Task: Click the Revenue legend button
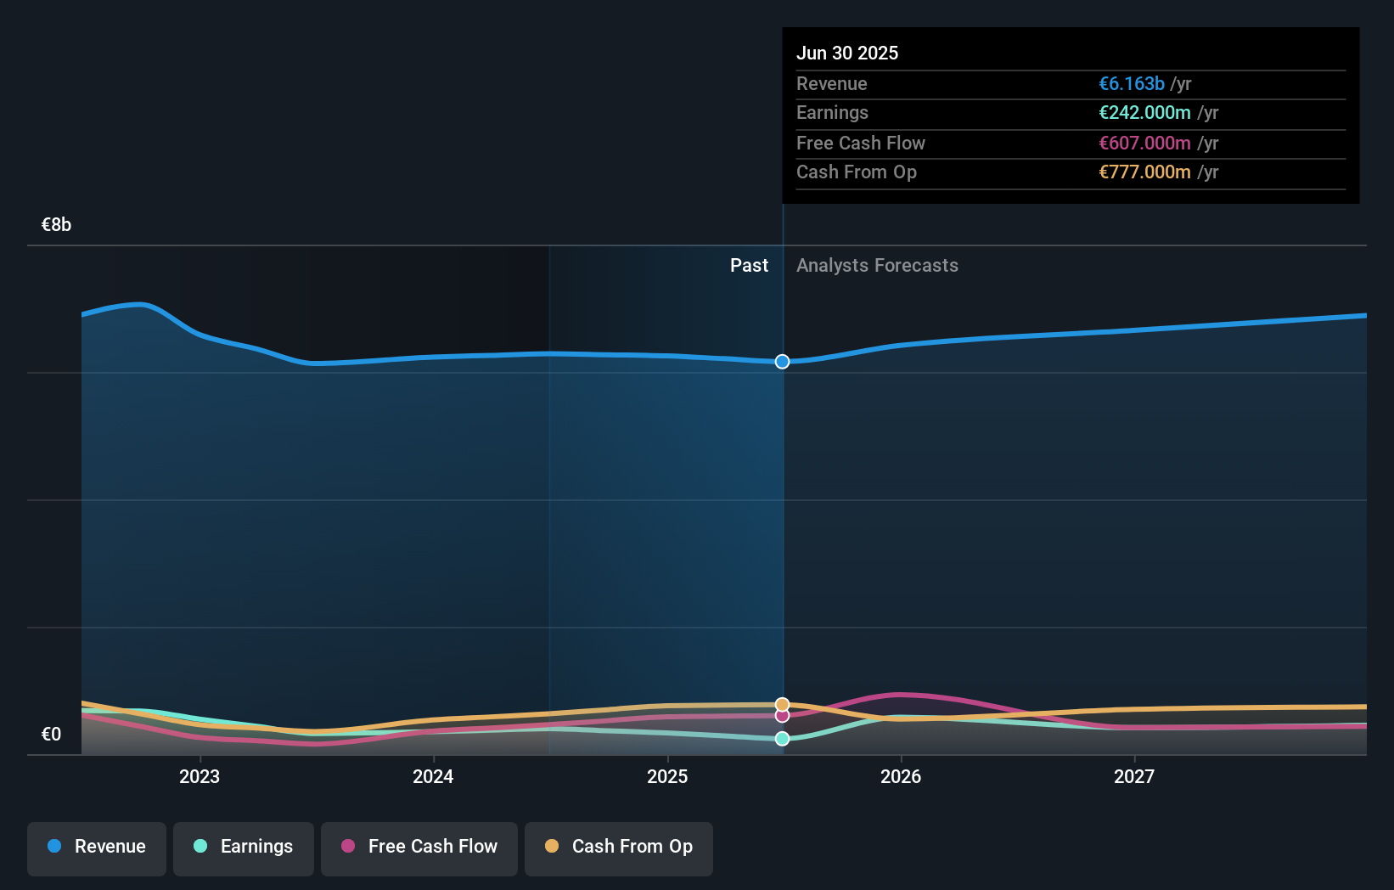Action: point(97,847)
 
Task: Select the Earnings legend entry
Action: point(244,847)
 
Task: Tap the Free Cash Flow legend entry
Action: point(419,847)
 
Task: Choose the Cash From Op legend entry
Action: point(619,847)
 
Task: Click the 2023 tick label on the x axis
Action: point(200,776)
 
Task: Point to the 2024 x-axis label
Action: point(433,776)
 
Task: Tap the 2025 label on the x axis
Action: point(667,776)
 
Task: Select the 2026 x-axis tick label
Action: point(901,776)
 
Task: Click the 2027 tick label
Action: point(1134,776)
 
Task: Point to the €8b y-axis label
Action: point(56,225)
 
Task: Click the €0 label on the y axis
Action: point(51,735)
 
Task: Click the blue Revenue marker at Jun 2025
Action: point(782,362)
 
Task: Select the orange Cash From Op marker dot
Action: point(782,704)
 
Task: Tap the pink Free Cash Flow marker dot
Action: point(782,716)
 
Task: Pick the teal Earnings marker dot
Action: point(782,739)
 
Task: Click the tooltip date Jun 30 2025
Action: point(846,53)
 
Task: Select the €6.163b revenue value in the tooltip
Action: point(1131,83)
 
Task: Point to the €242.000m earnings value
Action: point(1144,112)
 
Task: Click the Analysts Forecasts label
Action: point(877,266)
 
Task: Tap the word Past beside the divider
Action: point(749,266)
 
